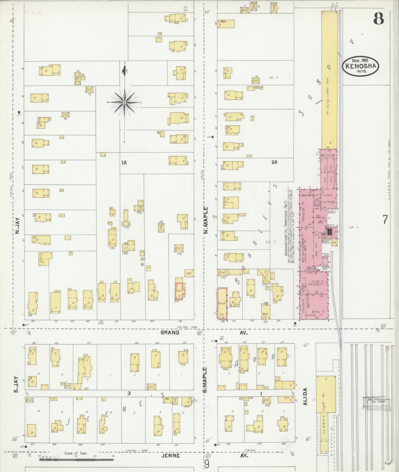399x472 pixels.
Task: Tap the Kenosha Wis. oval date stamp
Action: (360, 65)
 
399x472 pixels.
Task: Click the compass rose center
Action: (124, 103)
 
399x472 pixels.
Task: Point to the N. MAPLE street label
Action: (206, 220)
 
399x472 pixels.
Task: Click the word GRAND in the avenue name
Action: (170, 333)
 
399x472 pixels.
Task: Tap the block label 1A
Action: (124, 163)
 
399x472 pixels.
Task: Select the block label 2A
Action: (274, 162)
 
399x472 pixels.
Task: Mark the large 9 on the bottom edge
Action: (207, 465)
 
